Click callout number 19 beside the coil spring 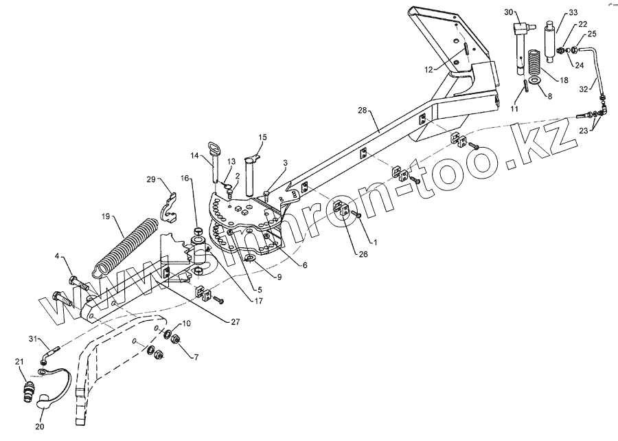pos(105,216)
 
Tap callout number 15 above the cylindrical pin pos(262,137)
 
